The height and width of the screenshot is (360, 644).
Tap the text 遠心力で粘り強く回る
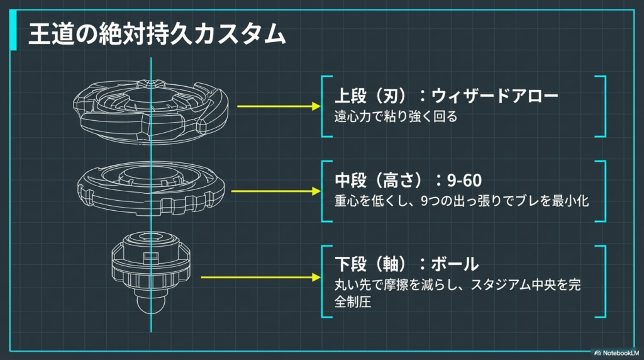tap(394, 116)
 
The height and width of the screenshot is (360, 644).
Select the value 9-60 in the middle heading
tap(466, 181)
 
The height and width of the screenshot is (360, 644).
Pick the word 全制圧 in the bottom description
tap(353, 302)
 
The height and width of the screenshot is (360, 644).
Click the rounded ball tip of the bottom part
tap(150, 309)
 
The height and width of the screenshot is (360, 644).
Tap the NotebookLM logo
tap(616, 352)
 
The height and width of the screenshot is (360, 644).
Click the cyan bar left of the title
tap(13, 35)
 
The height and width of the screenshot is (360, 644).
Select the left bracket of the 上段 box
tap(323, 106)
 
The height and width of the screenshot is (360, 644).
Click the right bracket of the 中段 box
tap(602, 191)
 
